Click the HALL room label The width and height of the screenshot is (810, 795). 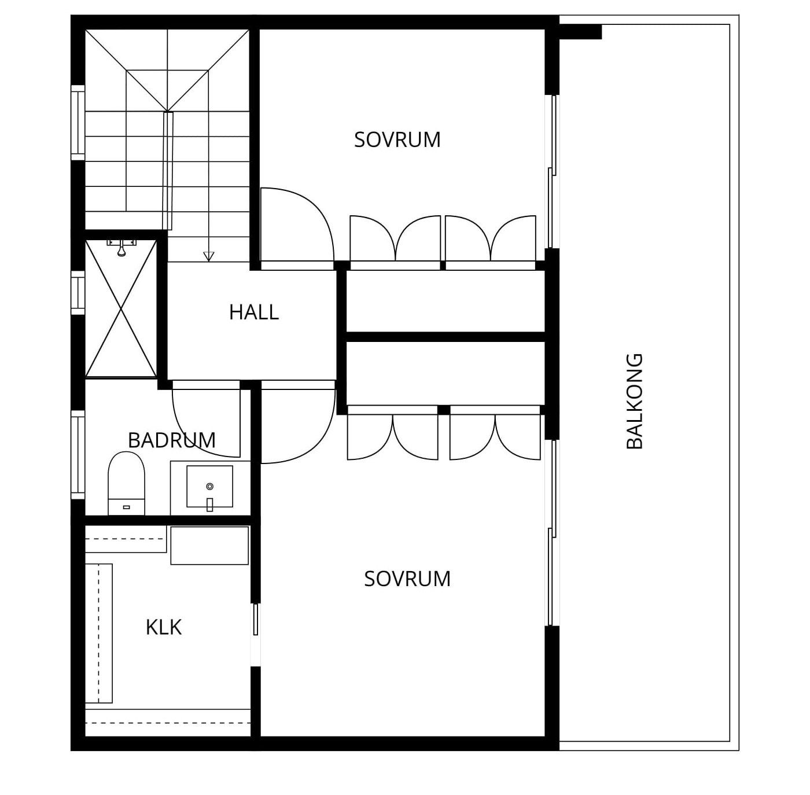point(254,312)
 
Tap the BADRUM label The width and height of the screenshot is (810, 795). point(171,440)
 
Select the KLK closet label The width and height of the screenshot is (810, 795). point(164,627)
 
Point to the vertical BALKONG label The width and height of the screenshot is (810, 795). point(634,401)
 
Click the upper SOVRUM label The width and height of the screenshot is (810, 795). point(397,139)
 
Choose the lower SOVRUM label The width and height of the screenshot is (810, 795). point(407,579)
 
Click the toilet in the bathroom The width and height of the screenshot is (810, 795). point(127,484)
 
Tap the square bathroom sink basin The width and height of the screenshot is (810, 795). point(210,487)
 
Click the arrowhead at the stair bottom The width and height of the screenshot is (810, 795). point(208,256)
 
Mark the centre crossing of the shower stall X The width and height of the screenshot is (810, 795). point(121,309)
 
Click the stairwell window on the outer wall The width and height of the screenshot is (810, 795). point(78,123)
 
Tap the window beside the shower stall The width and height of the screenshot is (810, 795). point(78,293)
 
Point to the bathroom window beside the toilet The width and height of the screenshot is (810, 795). point(78,455)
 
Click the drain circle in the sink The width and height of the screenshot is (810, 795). point(210,487)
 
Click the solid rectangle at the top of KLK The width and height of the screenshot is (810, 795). point(209,545)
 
